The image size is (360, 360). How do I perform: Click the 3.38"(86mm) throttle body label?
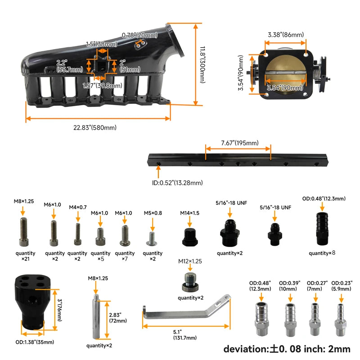click(286, 35)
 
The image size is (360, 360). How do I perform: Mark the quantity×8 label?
click(321, 253)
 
